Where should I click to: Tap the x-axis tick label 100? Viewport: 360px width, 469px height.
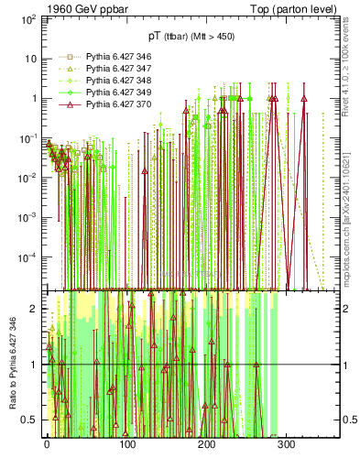[x=127, y=443]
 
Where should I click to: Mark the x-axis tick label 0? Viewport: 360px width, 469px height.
[x=48, y=443]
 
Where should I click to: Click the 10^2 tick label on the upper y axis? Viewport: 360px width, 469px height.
[x=27, y=17]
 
